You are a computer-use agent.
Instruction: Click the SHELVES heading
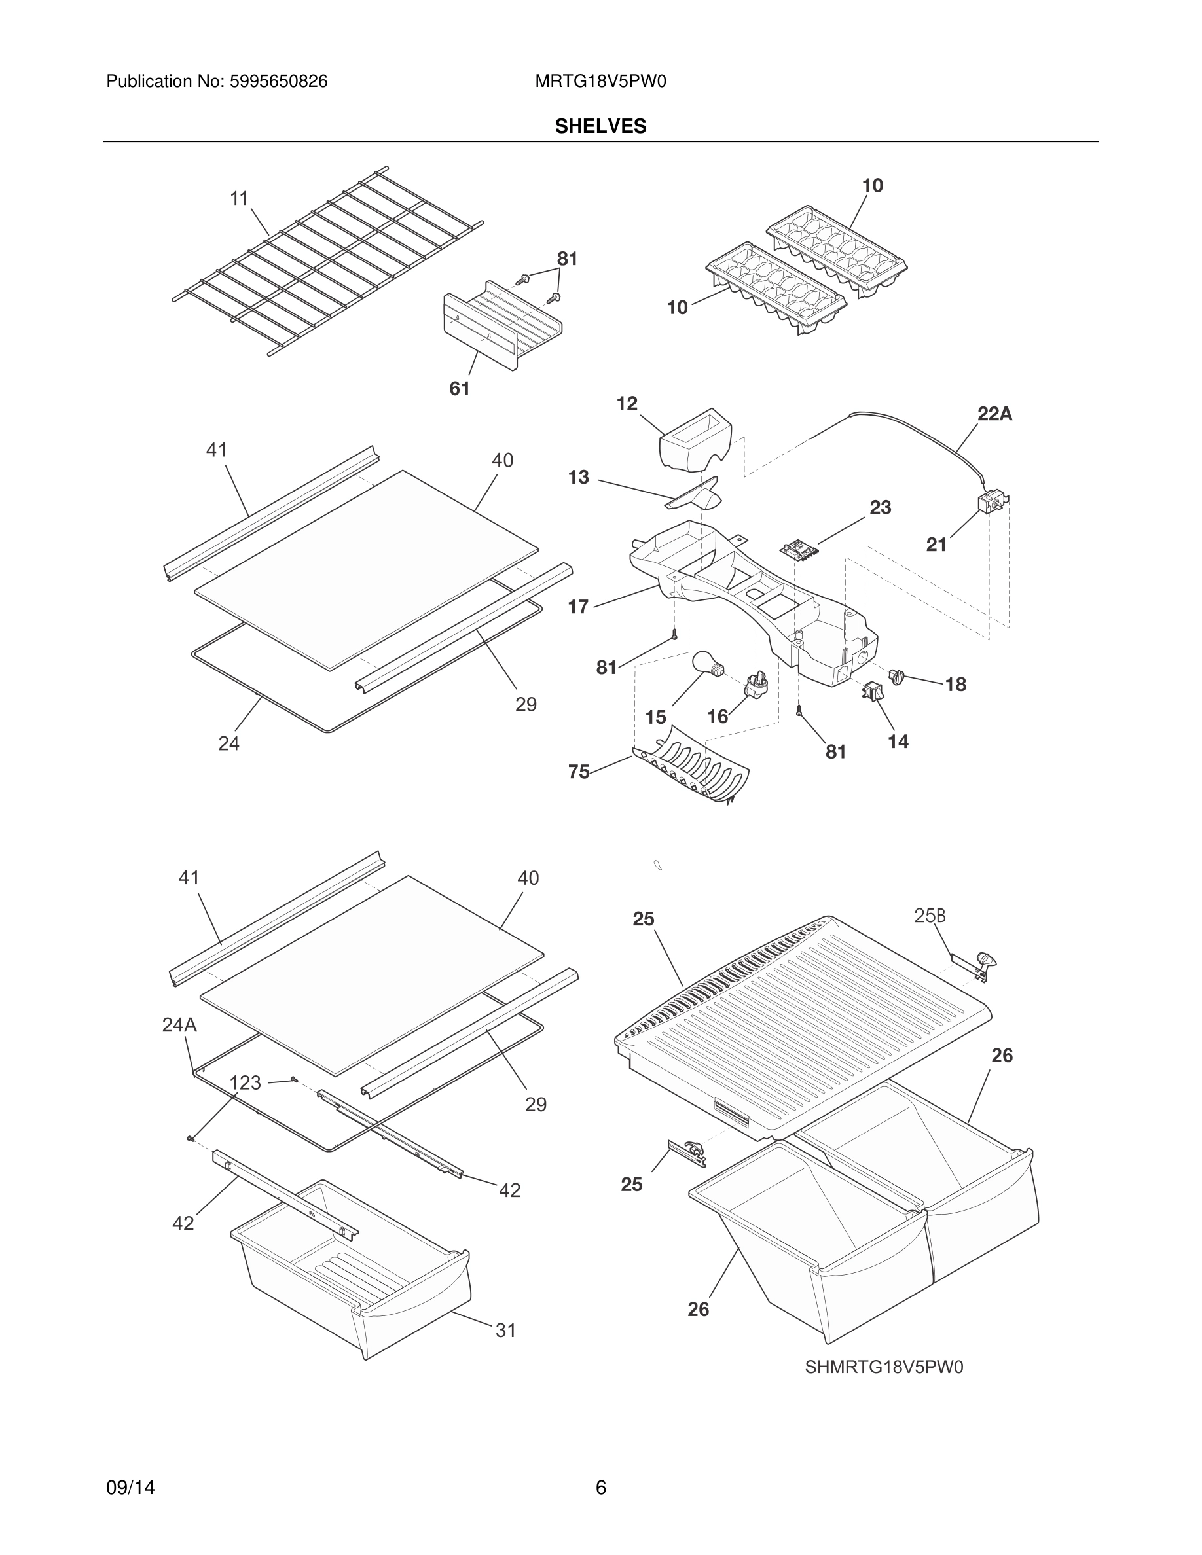600,126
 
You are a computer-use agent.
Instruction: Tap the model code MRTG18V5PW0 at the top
600,82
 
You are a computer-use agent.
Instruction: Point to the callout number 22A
994,414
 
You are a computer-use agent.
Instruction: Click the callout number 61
460,389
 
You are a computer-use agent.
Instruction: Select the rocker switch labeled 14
872,690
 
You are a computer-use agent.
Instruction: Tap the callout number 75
578,772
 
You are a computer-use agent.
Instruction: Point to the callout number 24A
179,1025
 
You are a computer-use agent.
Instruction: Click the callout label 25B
930,916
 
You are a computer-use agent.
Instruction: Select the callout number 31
505,1330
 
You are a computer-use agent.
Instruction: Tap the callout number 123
246,1083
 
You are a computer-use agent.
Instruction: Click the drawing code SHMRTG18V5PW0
884,1367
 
